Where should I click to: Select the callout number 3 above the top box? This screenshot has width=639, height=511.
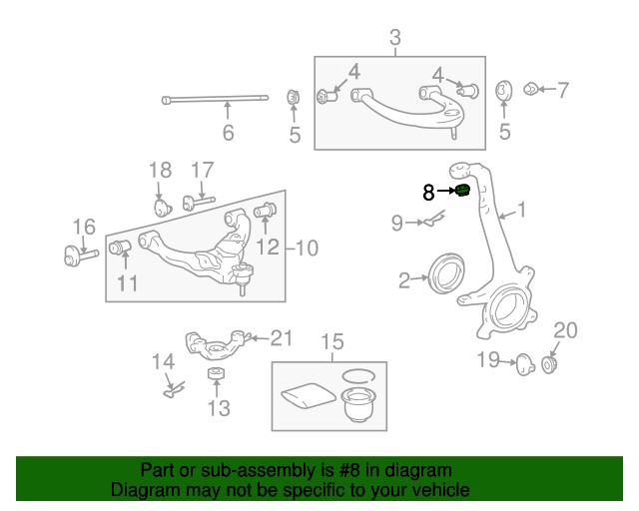click(x=395, y=39)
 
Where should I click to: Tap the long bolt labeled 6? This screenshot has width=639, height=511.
click(x=215, y=99)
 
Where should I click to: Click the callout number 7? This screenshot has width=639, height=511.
click(x=562, y=90)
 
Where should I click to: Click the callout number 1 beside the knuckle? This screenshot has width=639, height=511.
click(x=520, y=211)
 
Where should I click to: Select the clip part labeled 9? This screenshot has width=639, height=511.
click(x=430, y=222)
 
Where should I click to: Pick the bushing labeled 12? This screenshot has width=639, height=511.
click(x=266, y=211)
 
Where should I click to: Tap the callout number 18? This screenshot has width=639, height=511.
click(x=161, y=171)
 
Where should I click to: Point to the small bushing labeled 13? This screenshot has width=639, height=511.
click(x=215, y=374)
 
